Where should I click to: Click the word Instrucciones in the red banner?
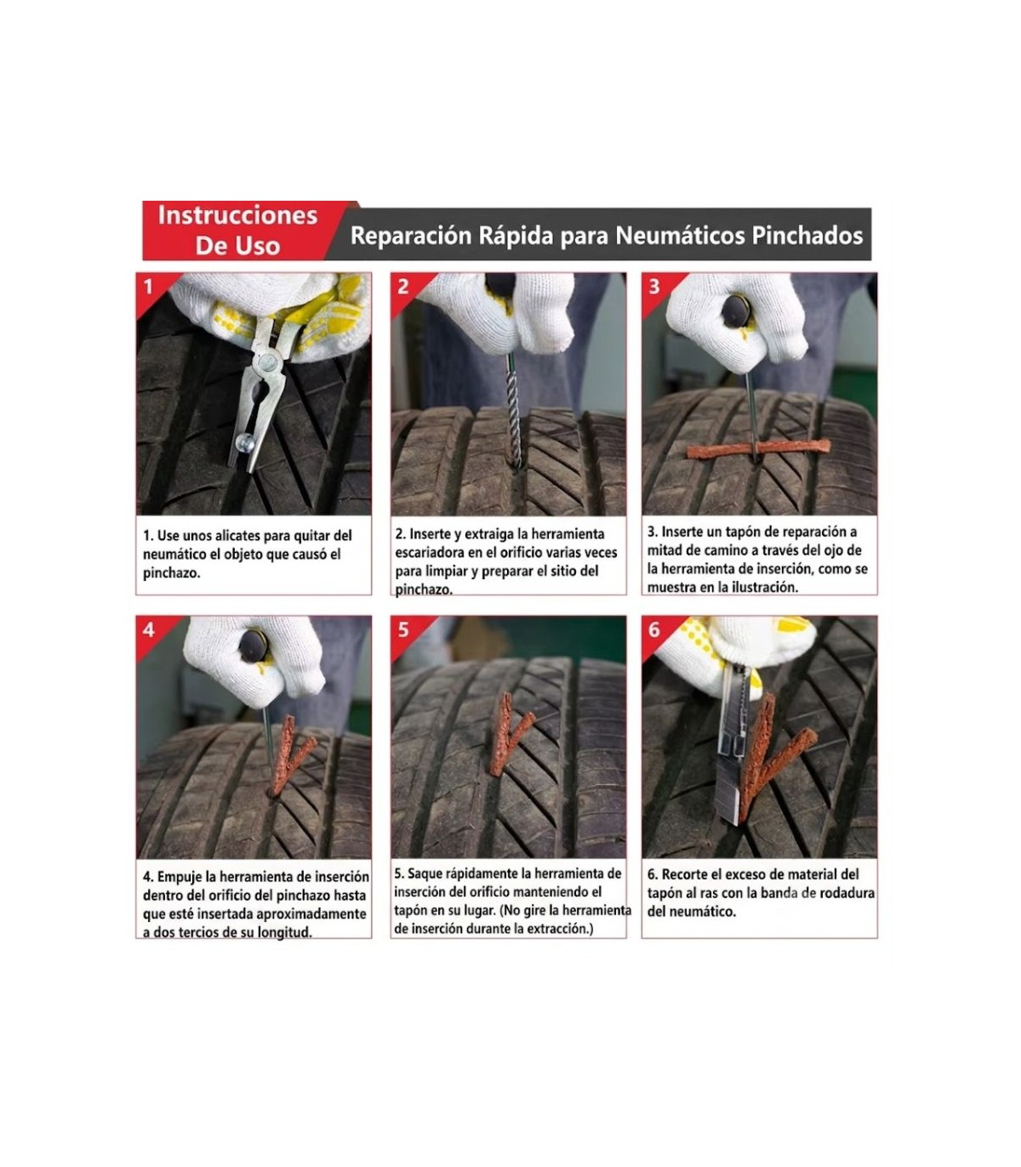tap(237, 215)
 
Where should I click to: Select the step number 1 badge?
tap(148, 287)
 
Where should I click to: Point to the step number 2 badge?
tap(402, 287)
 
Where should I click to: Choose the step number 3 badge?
tap(654, 287)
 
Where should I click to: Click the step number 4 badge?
tap(148, 630)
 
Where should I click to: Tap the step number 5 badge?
tap(403, 630)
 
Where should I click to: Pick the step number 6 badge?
tap(654, 630)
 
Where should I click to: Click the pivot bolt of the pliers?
tap(267, 361)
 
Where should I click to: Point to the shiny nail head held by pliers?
tap(245, 441)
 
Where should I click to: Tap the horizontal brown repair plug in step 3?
tap(758, 449)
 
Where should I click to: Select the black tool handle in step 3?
tap(736, 312)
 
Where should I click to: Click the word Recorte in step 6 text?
tap(681, 875)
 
